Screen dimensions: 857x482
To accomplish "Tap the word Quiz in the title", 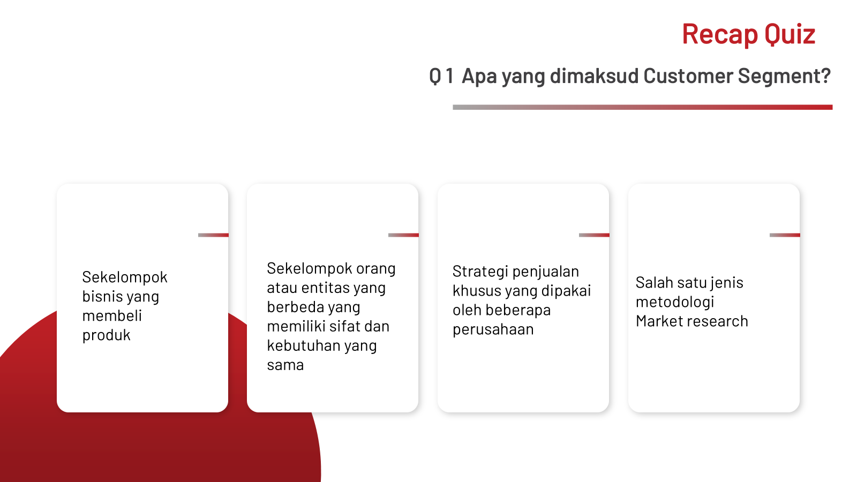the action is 790,34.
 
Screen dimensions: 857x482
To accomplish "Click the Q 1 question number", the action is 441,76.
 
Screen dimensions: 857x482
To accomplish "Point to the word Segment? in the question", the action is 784,76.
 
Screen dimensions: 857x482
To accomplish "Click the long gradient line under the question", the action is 643,107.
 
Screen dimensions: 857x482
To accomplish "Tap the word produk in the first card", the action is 107,335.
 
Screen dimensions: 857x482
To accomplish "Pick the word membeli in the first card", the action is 112,315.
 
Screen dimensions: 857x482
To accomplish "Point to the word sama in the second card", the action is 285,365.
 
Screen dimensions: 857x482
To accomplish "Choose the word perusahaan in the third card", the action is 493,329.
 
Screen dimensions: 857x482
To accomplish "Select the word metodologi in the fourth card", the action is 675,302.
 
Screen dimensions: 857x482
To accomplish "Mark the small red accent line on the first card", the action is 213,235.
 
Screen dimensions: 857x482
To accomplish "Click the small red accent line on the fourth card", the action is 785,235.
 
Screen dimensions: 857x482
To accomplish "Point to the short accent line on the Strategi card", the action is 594,235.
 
